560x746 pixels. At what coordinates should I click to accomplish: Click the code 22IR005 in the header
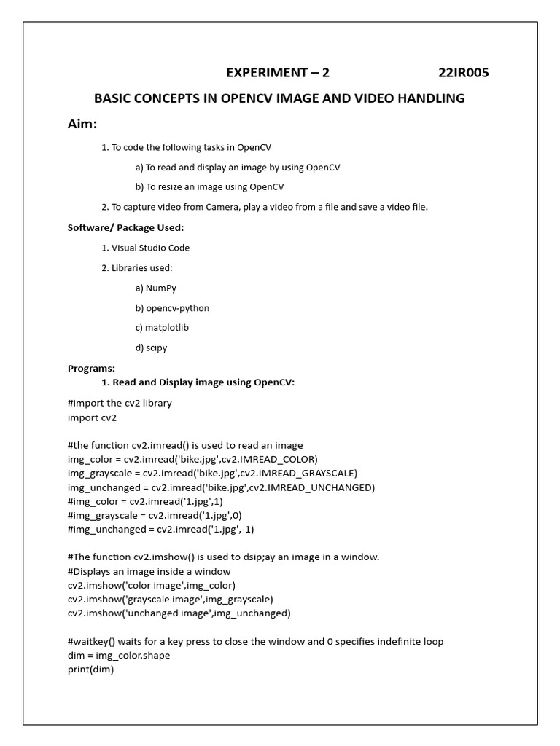click(x=463, y=73)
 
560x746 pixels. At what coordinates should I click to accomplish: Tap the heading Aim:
click(x=82, y=124)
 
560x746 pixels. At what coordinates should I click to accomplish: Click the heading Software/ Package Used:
click(x=125, y=227)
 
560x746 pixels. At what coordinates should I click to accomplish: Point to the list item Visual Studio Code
click(x=150, y=248)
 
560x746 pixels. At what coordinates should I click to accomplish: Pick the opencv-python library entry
click(x=177, y=308)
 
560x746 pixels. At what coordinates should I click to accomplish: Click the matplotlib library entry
click(x=167, y=328)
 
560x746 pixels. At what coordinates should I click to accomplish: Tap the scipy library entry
click(x=156, y=348)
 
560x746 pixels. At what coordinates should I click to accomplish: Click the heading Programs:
click(x=91, y=368)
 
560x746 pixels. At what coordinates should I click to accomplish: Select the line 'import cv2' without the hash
click(x=92, y=417)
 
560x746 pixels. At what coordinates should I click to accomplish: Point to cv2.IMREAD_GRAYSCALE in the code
click(x=295, y=473)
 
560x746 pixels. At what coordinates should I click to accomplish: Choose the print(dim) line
click(x=90, y=670)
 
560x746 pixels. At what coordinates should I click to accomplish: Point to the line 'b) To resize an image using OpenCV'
click(x=210, y=187)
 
